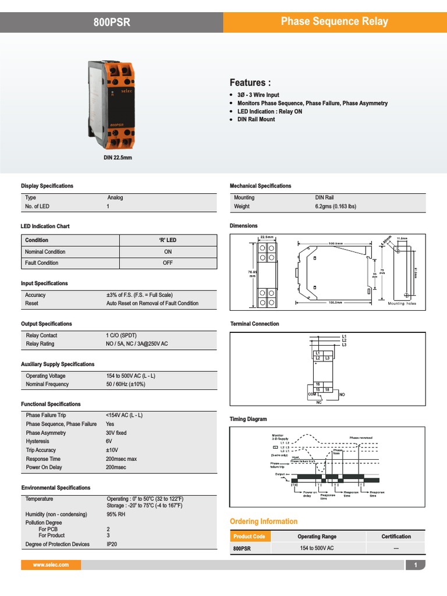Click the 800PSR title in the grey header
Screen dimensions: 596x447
tap(112, 22)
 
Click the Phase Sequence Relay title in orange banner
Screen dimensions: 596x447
tap(334, 22)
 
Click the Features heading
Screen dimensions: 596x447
tap(250, 82)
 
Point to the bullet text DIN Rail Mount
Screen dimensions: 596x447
tap(256, 119)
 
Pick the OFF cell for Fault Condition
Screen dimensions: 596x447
tap(168, 263)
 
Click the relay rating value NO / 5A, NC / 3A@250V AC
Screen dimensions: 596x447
tap(137, 344)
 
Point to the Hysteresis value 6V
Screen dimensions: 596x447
tap(109, 442)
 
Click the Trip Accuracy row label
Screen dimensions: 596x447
tap(41, 450)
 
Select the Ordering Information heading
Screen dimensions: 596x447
tap(264, 521)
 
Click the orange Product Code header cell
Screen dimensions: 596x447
tap(249, 537)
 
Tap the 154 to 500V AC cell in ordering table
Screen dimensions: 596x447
tap(317, 548)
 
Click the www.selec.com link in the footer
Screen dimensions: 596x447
tap(51, 565)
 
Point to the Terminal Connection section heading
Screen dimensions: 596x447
tap(254, 324)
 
